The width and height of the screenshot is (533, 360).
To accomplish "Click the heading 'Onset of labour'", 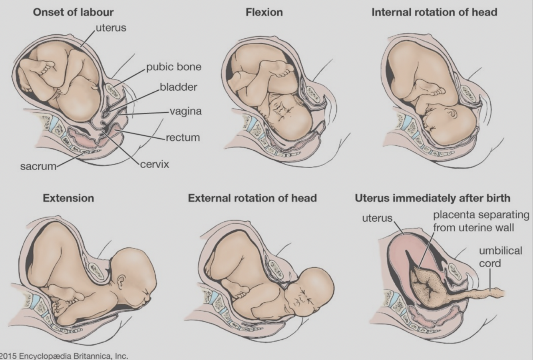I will point(73,12).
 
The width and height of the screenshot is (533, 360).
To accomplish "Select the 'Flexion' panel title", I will point(264,12).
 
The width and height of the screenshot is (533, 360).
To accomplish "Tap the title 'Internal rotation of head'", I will point(434,12).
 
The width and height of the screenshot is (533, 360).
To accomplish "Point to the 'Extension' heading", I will point(68,198).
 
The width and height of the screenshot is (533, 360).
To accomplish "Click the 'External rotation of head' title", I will point(252,198).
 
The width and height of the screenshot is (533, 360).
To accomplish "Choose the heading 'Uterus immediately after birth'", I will point(432,198).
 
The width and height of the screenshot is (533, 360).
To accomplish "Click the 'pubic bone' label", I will point(173,66).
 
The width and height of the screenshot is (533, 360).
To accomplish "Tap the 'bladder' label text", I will point(178,87).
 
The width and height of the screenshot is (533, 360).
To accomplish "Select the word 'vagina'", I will point(185,111).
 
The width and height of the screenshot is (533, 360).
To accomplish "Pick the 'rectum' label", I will point(183,137).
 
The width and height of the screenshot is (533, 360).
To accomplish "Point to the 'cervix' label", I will point(154,164).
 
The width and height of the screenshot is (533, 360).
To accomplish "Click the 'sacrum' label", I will point(38,166).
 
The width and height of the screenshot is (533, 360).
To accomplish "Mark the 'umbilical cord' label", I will point(500,257).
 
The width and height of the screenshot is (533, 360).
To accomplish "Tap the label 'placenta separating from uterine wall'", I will point(481,221).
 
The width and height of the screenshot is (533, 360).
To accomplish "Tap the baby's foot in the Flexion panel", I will point(284,72).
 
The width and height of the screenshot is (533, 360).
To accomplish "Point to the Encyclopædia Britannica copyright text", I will point(64,356).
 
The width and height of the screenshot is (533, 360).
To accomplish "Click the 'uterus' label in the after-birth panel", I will point(377,218).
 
